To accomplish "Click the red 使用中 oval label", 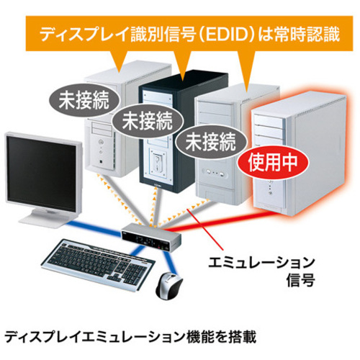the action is [272, 163].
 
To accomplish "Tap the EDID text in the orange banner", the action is [226, 35].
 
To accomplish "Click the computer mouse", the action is [168, 285].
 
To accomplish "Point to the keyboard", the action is [98, 264].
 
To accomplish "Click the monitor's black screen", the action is [42, 173].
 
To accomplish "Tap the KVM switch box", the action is [151, 237].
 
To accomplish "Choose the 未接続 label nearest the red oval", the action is [211, 142].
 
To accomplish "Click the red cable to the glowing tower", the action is [210, 221].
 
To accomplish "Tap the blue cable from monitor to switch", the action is [94, 228].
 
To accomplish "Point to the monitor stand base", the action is [45, 219].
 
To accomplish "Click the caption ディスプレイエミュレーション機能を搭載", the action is [130, 337].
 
